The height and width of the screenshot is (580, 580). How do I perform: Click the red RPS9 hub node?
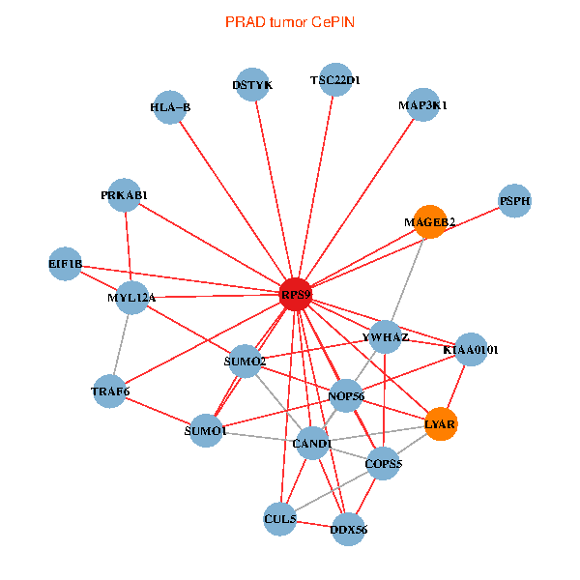(296, 294)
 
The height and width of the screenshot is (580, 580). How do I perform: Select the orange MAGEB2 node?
(429, 222)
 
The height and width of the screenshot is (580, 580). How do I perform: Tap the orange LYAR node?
(440, 423)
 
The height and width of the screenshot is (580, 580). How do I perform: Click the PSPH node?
(515, 201)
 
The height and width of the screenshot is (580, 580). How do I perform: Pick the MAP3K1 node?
(423, 104)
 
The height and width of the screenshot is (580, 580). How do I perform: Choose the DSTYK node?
(252, 85)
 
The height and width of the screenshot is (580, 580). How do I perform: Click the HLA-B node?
(171, 107)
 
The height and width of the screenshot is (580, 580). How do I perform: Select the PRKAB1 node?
(124, 195)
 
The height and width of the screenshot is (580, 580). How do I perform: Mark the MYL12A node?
(131, 298)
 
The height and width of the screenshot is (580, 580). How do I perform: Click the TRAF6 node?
(110, 391)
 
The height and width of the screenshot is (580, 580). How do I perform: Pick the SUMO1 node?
(205, 431)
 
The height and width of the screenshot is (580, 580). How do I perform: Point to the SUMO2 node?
(244, 362)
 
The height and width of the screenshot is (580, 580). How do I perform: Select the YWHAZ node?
(386, 337)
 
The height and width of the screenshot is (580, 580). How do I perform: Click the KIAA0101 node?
(470, 349)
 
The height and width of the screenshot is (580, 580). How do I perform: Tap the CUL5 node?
(279, 519)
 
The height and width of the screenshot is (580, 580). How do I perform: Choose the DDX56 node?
(348, 529)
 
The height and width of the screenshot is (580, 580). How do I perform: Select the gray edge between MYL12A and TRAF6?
(121, 344)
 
